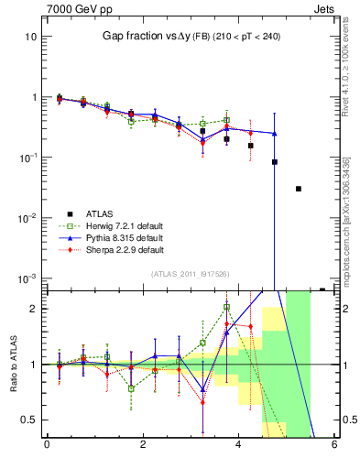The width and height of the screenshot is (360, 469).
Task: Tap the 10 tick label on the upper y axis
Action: tap(29, 37)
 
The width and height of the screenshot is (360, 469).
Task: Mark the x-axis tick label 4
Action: tap(238, 446)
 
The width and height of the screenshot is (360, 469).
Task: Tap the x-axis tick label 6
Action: tap(334, 446)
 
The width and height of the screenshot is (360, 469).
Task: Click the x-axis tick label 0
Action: tap(47, 446)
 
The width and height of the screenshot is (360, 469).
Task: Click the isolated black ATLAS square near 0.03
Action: tap(299, 189)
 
